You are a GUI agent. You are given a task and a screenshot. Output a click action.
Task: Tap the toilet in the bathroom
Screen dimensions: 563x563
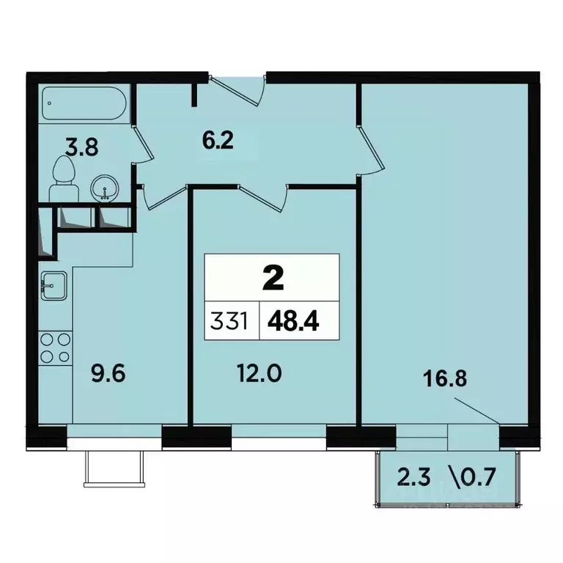coord(65,178)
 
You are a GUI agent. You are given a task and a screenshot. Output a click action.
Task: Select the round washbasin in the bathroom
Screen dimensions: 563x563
coord(103,190)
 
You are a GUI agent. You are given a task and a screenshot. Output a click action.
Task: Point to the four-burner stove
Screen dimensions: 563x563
coord(55,347)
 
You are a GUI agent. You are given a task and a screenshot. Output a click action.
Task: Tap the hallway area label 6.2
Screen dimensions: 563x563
coord(218,139)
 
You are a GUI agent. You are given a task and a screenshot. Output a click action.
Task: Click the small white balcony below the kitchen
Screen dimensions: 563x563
coord(111,467)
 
